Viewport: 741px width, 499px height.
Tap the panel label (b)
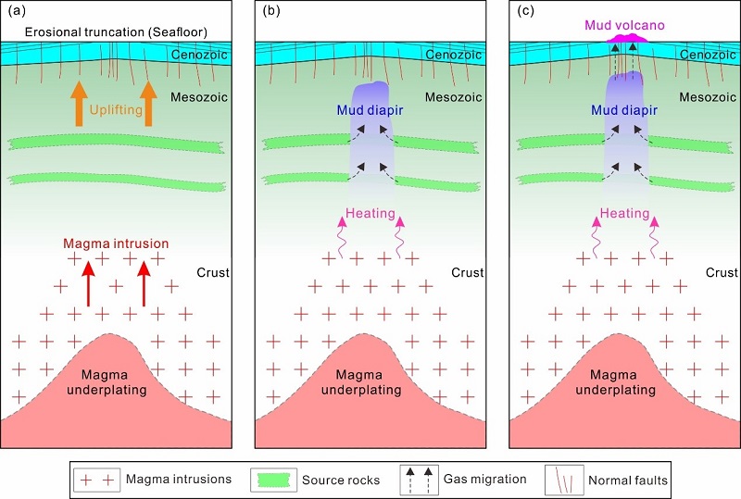[268, 14]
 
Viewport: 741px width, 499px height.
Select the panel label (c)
[521, 14]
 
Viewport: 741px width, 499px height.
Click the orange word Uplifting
[117, 108]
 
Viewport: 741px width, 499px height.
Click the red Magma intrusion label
[116, 243]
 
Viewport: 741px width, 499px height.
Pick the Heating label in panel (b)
[370, 213]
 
